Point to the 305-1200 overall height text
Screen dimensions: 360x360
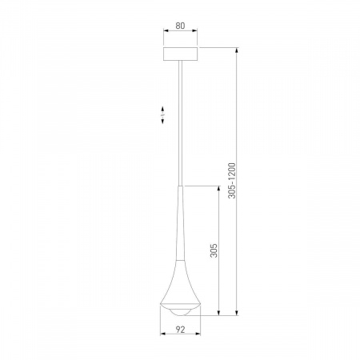(232, 182)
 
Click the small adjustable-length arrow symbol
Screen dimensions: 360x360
(162, 115)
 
